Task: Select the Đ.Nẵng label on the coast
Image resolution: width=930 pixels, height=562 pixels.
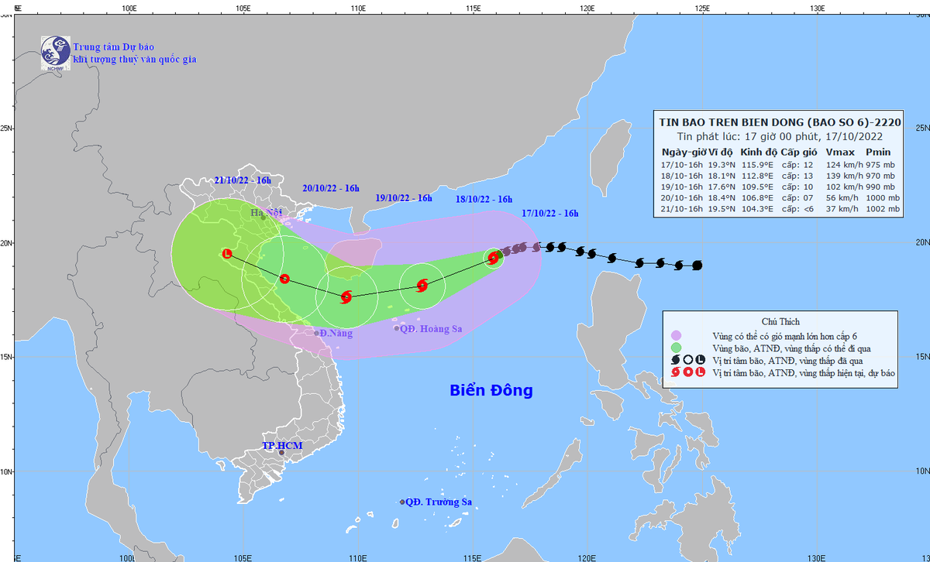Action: [x=336, y=333]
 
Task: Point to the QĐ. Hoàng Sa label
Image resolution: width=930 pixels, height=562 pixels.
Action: [x=431, y=329]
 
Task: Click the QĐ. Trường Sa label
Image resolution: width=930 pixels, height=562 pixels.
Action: [x=439, y=502]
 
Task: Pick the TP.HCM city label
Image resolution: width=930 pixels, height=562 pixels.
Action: [x=282, y=446]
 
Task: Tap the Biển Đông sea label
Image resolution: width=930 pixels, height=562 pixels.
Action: [x=491, y=390]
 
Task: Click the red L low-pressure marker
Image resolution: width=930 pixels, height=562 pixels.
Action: [x=227, y=253]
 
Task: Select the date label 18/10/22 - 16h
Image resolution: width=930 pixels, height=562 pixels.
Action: [x=483, y=199]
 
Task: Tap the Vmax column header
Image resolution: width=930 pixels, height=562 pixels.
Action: [x=840, y=152]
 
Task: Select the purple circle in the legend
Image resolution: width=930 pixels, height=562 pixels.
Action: [x=677, y=335]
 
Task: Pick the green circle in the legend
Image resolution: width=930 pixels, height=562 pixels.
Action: [x=677, y=348]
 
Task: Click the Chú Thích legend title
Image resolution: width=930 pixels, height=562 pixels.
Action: [x=780, y=321]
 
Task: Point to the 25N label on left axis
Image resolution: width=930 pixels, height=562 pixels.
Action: [x=7, y=129]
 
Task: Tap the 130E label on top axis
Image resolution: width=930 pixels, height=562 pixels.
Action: [x=816, y=9]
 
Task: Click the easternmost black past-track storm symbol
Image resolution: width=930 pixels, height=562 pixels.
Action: [x=697, y=266]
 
